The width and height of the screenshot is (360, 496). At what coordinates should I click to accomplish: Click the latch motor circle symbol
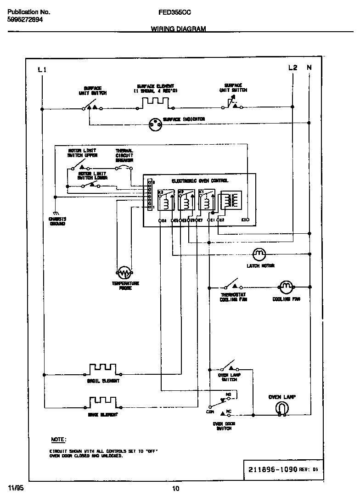pyautogui.click(x=259, y=254)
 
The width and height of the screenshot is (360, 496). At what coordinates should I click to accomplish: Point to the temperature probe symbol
pyautogui.click(x=124, y=273)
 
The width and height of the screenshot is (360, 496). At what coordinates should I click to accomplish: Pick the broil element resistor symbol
pyautogui.click(x=103, y=369)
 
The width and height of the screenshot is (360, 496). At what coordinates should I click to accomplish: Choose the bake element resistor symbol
pyautogui.click(x=103, y=403)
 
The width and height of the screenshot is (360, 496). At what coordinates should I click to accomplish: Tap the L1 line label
pyautogui.click(x=42, y=70)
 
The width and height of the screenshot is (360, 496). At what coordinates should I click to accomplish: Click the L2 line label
pyautogui.click(x=292, y=68)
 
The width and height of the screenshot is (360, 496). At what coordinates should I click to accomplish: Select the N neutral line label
pyautogui.click(x=309, y=68)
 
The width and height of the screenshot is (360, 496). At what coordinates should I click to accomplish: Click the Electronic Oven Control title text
pyautogui.click(x=200, y=181)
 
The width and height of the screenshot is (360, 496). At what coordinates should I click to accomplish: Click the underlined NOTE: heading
pyautogui.click(x=58, y=440)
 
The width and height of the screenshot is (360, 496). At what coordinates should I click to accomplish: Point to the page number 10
pyautogui.click(x=176, y=488)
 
